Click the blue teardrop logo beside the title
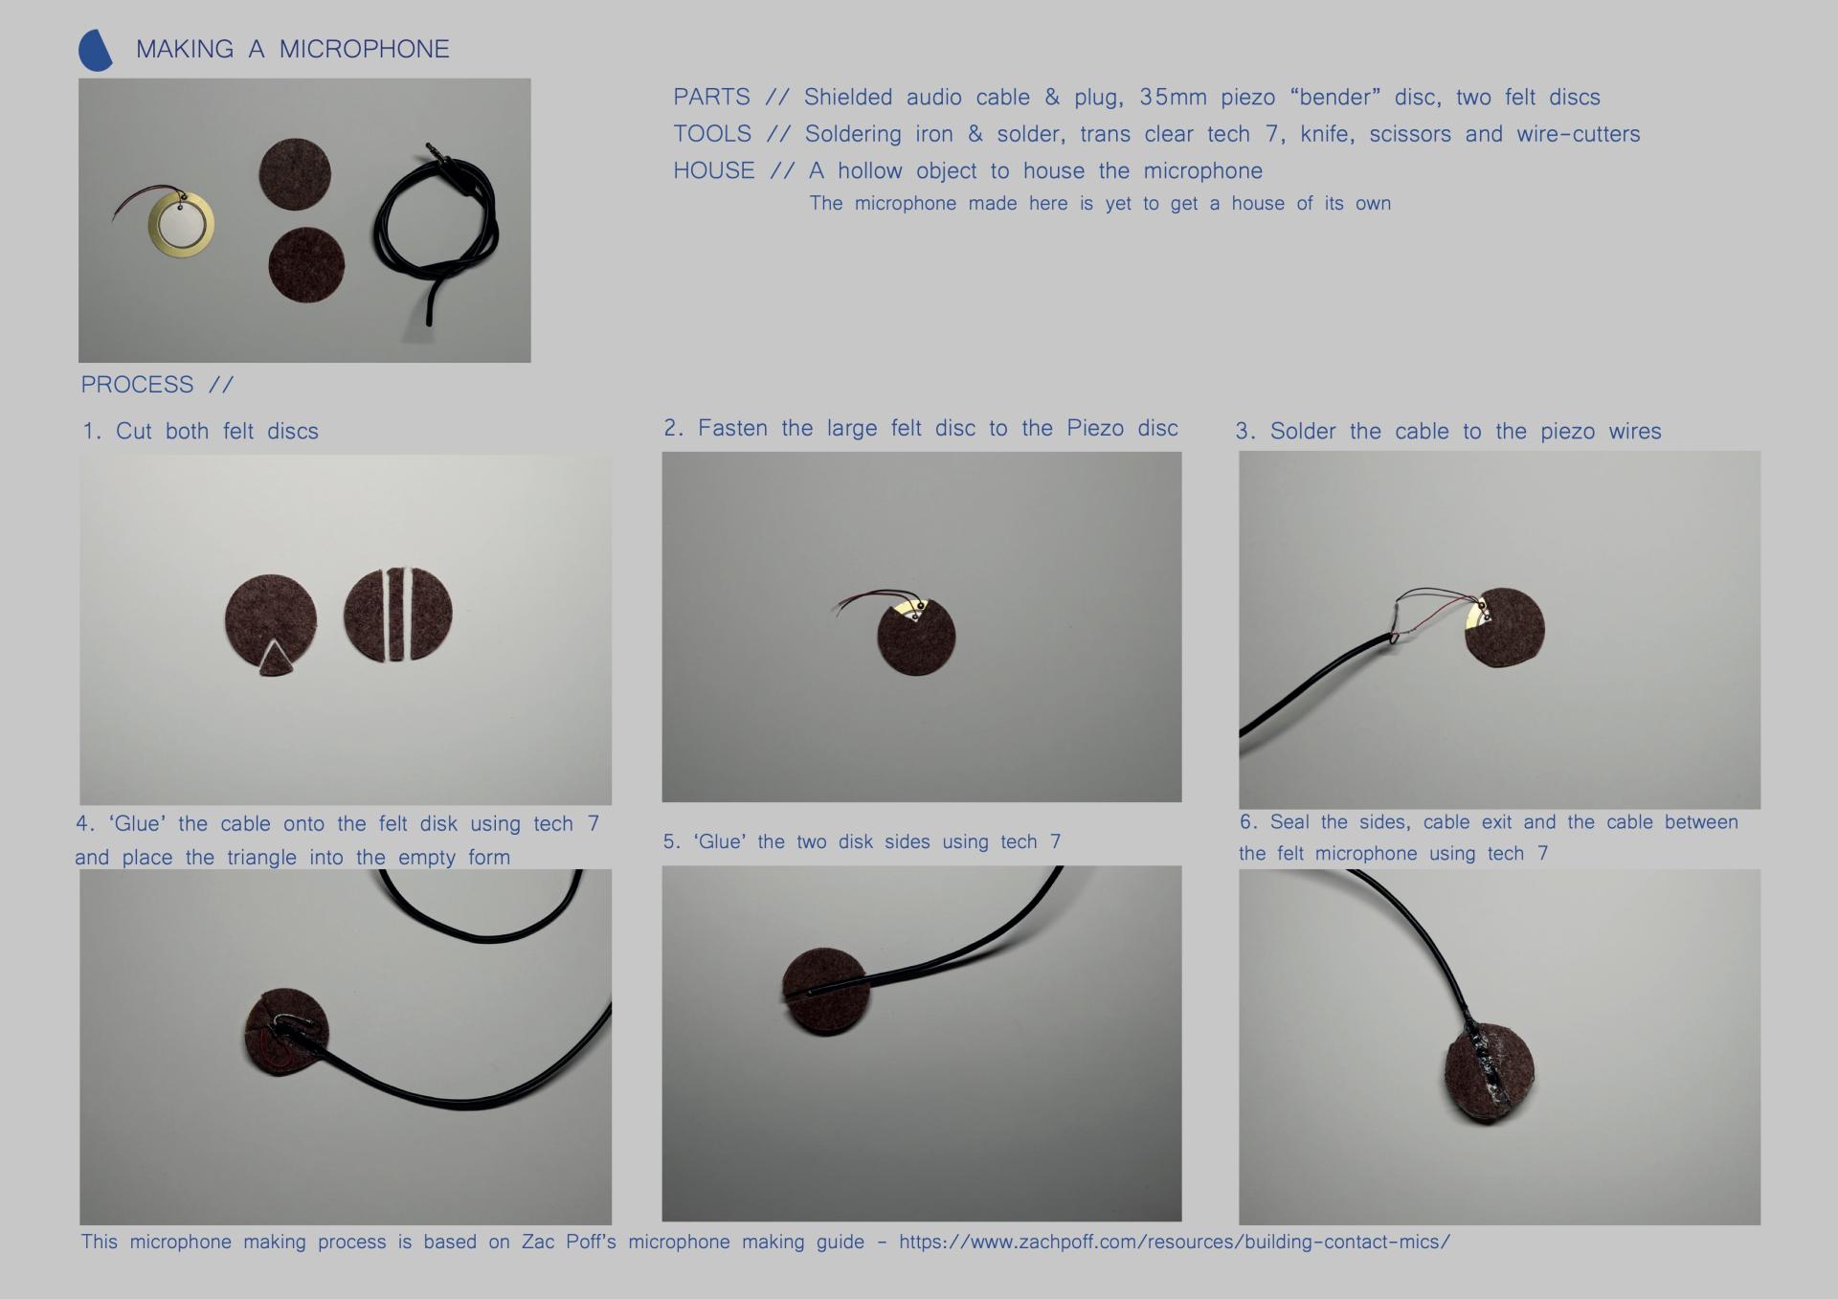coord(95,51)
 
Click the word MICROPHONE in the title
coord(364,50)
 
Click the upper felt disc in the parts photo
coord(295,174)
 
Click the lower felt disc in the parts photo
coord(306,265)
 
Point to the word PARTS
coord(711,98)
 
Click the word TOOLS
coord(712,134)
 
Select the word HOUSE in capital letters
coord(713,171)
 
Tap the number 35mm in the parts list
coord(1173,98)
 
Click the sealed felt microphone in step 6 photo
coord(1490,1072)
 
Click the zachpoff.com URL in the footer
coord(1175,1243)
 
